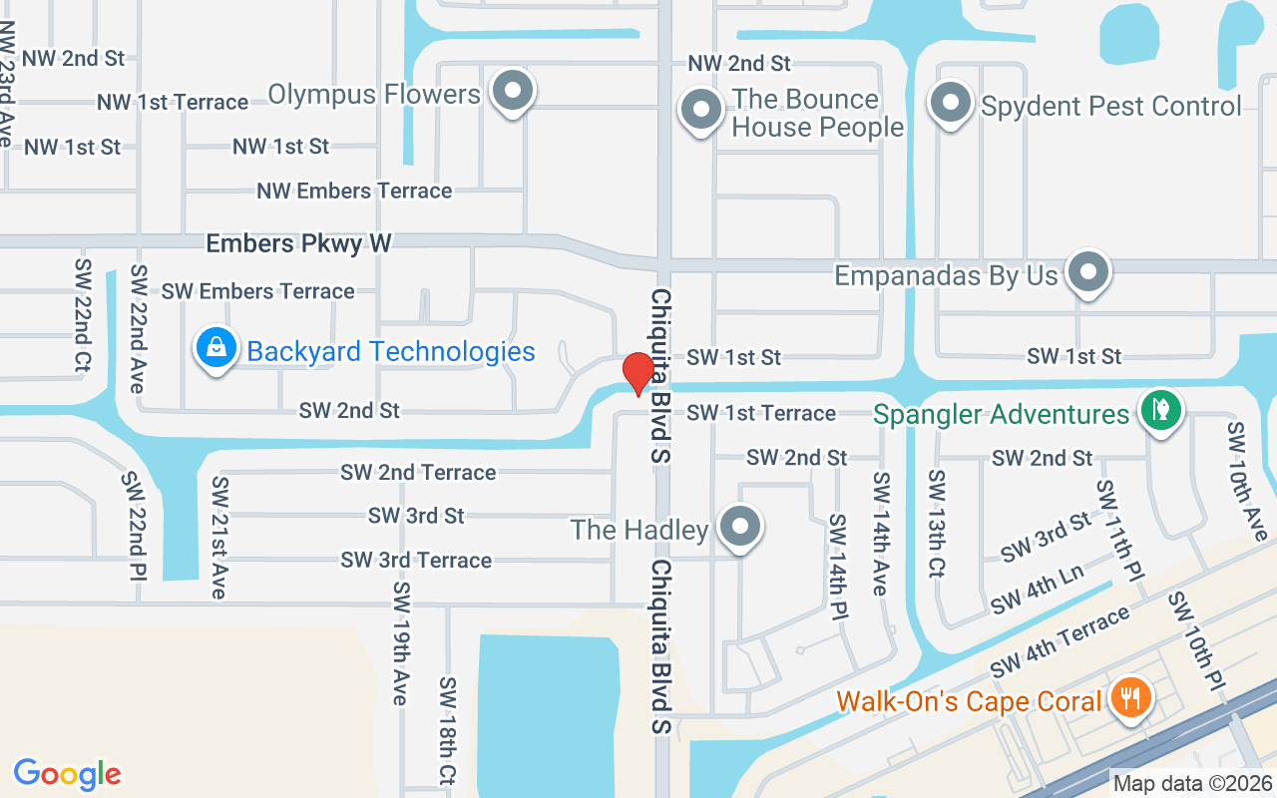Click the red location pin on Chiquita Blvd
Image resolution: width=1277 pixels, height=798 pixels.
638,374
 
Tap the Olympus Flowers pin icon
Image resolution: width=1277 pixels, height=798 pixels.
513,90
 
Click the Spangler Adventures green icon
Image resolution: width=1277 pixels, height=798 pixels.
1160,410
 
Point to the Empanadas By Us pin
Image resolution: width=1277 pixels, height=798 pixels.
1087,271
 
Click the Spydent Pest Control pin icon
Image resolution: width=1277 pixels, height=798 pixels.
951,102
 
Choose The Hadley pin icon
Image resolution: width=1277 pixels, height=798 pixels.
740,526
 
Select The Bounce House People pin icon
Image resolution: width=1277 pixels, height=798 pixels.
700,108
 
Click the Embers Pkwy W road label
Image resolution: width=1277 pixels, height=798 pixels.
298,243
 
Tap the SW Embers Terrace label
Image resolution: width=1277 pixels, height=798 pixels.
257,291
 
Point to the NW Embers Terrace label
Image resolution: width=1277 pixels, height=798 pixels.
354,191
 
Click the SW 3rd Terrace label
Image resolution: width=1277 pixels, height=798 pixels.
416,560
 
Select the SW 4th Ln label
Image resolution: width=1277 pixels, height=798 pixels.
1037,590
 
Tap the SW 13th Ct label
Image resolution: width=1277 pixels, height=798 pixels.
937,523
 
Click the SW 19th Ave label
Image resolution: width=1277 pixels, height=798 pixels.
401,642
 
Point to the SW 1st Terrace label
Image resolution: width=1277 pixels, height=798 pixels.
761,413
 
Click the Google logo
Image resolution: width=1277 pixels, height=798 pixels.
67,773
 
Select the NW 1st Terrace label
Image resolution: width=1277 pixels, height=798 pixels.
173,102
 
